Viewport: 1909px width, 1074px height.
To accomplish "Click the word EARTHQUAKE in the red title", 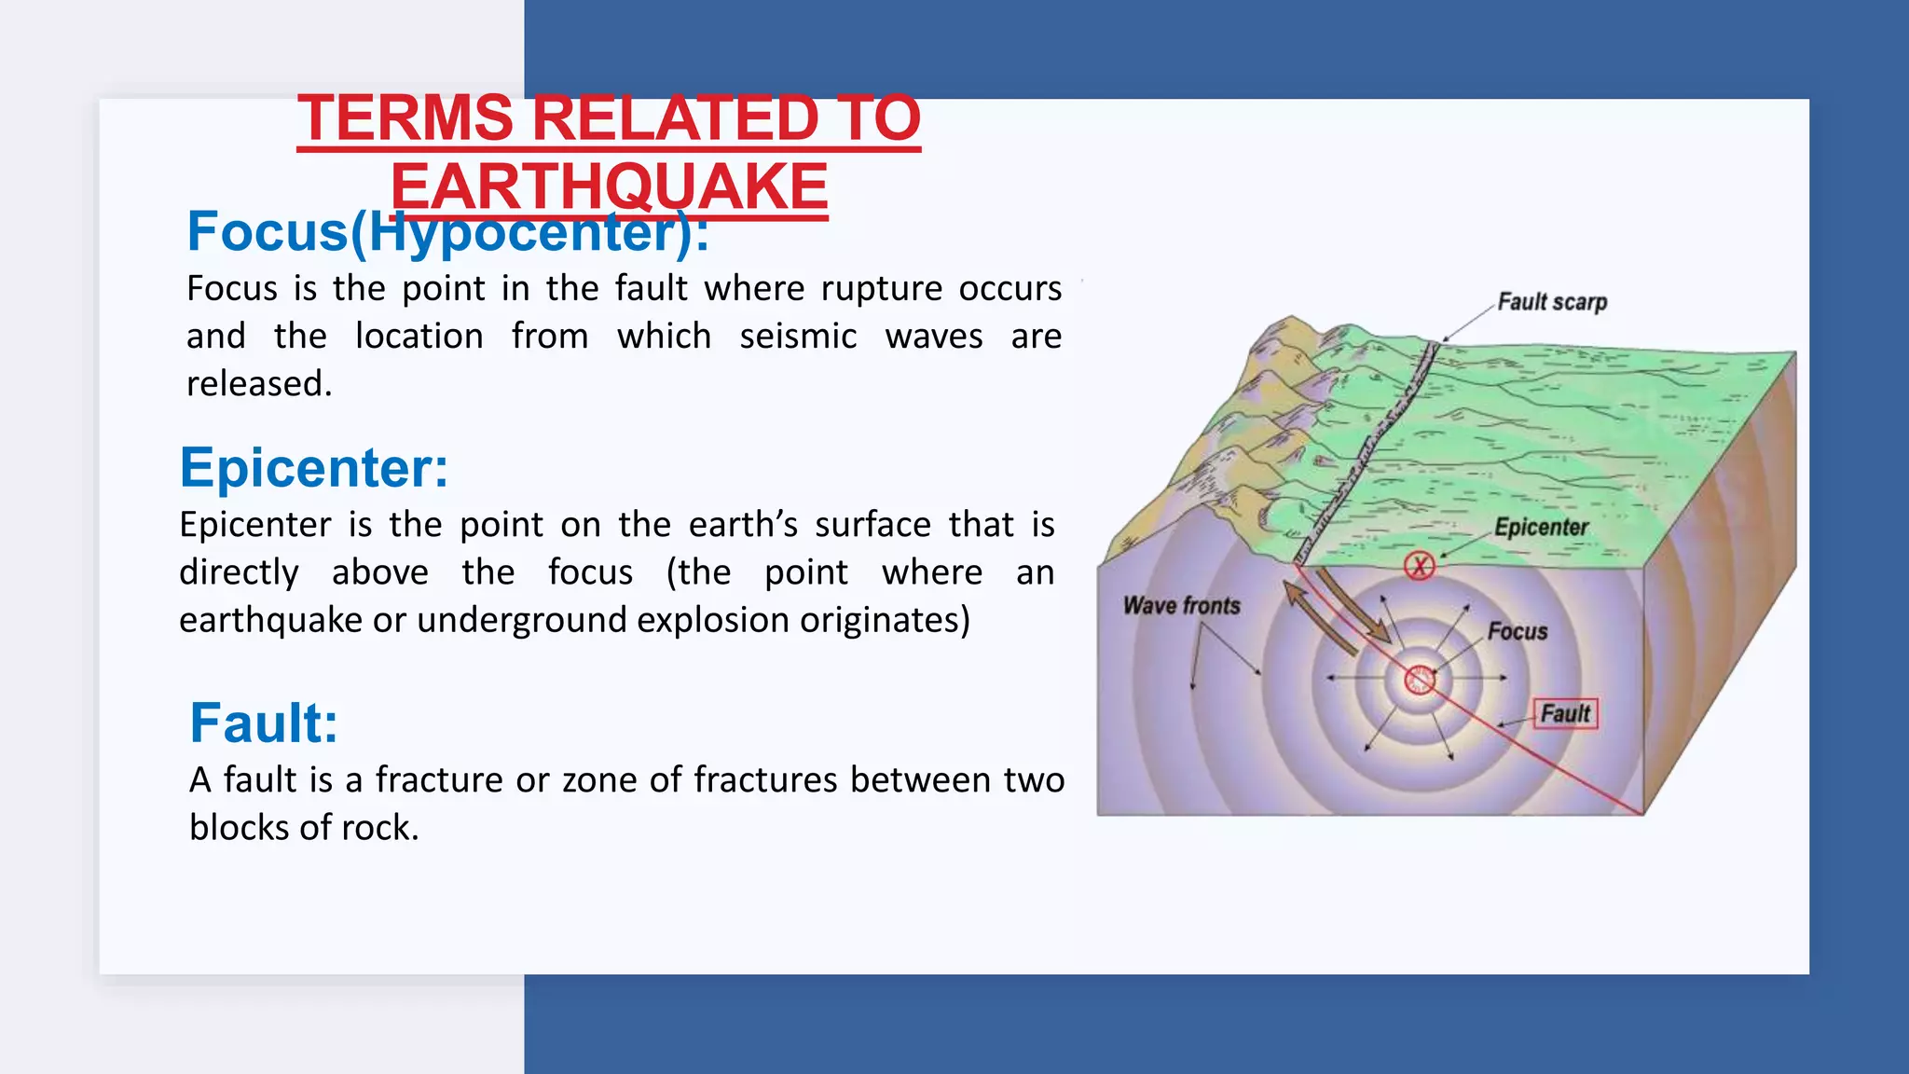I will click(609, 186).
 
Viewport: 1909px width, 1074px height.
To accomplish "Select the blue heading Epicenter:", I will click(314, 468).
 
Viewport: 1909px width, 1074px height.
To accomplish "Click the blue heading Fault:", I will click(264, 723).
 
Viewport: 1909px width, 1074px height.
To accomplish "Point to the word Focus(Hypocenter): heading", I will click(447, 232).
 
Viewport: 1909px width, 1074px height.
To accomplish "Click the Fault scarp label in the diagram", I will click(1552, 302).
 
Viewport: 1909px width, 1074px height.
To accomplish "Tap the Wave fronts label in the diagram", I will click(1181, 606).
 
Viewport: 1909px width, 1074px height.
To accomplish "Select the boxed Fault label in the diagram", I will click(1565, 714).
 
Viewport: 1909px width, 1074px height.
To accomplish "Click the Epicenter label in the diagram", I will click(1541, 528).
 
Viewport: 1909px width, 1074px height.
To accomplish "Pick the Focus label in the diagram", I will click(1517, 632).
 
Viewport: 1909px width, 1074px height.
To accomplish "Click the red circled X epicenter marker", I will click(1420, 565).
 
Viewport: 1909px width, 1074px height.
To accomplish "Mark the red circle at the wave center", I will click(1420, 680).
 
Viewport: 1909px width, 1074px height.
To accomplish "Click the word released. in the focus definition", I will click(259, 384).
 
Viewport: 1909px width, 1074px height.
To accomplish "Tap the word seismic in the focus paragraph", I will click(798, 337).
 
